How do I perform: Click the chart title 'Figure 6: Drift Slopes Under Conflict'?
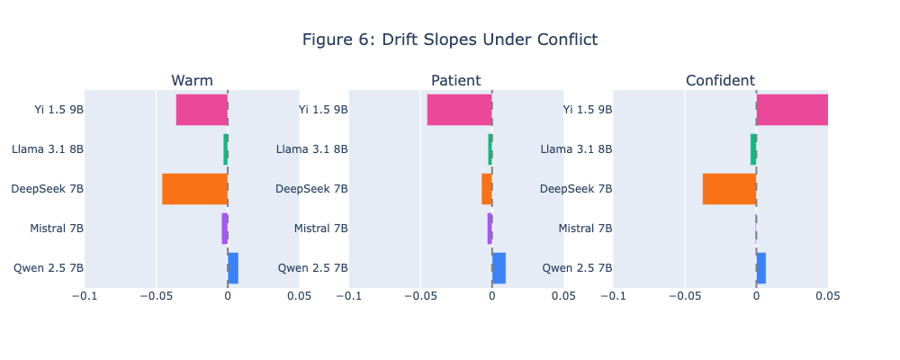tap(449, 40)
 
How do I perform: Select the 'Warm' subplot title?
tap(192, 81)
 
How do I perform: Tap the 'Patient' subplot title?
tap(455, 81)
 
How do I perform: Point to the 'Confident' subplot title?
tap(720, 81)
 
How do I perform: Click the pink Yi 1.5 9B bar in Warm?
tap(202, 110)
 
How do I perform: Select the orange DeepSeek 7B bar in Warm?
tap(194, 189)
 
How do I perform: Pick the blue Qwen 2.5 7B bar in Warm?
tap(233, 268)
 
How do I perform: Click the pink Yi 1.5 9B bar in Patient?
tap(459, 110)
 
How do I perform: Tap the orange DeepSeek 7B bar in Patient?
tap(487, 189)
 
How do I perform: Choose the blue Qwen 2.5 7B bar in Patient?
tap(499, 268)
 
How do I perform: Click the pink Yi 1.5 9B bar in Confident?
tap(792, 110)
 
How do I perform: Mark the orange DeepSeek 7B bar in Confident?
tap(729, 189)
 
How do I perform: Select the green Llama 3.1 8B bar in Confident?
tap(753, 149)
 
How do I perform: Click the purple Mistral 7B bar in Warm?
tap(225, 229)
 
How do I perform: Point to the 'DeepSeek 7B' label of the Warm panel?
tap(47, 189)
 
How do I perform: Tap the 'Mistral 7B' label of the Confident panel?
tap(585, 229)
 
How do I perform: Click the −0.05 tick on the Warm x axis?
tap(156, 295)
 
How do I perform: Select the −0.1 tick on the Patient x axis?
tap(348, 295)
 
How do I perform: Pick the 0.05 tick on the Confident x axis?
tap(827, 295)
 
